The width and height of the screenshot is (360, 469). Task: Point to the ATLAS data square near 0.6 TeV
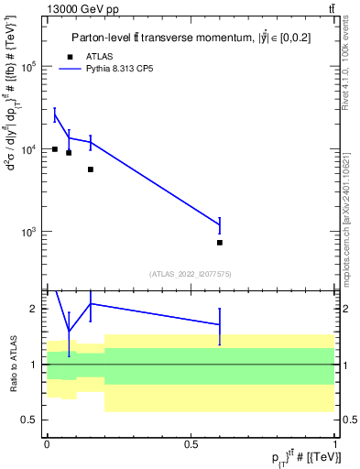click(x=220, y=243)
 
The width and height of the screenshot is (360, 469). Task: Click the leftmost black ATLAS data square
click(x=55, y=149)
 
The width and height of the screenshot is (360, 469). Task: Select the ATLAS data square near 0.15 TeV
click(x=91, y=169)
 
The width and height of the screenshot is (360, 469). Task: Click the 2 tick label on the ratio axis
click(x=35, y=310)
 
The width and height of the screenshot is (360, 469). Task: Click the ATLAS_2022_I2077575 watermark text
click(x=191, y=273)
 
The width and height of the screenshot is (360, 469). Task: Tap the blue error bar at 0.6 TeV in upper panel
click(x=220, y=224)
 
